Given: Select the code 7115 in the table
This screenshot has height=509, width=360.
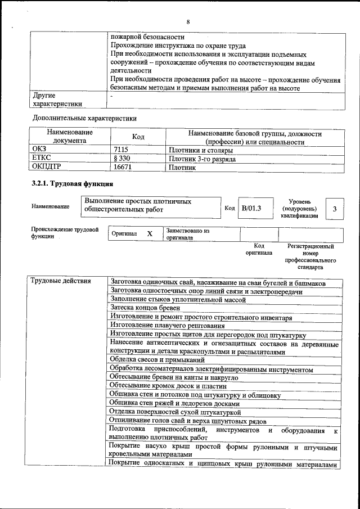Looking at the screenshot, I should (121, 151).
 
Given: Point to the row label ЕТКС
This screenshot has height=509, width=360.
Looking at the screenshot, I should (42, 159).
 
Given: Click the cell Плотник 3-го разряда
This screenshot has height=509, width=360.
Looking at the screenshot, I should (202, 159).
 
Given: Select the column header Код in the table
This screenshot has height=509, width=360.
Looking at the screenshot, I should (138, 137).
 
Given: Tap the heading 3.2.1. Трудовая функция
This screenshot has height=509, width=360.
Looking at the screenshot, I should (71, 184).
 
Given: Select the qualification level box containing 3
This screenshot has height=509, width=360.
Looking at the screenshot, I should (335, 209).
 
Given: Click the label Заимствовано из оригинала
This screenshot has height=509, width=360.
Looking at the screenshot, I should (188, 234).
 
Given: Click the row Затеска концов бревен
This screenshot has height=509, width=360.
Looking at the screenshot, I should (145, 308).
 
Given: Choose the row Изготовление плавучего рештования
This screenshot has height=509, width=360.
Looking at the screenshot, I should (164, 325).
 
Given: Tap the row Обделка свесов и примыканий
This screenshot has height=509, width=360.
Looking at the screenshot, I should (157, 359).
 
